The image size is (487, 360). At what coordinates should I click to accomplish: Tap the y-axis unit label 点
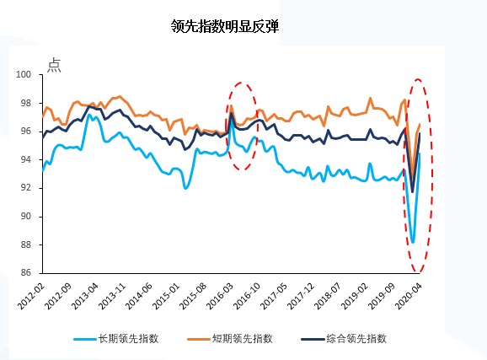(54, 65)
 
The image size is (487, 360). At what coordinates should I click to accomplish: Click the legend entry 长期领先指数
(136, 338)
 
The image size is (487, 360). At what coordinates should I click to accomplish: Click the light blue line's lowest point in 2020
(413, 242)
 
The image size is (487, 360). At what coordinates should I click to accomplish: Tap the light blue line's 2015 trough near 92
(186, 187)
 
